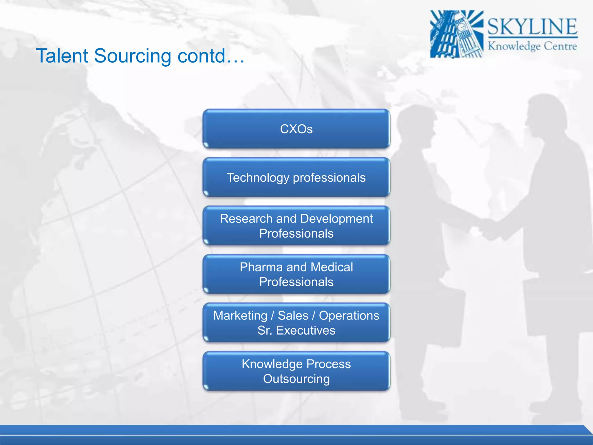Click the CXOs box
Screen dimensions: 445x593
tap(296, 129)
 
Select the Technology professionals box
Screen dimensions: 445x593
tap(296, 178)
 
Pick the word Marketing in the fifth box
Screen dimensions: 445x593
tap(240, 315)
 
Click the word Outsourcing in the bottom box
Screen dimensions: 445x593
tap(296, 379)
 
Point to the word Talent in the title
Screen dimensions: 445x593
tap(62, 56)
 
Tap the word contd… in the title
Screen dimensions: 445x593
tap(211, 56)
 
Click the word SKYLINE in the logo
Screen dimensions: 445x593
tap(532, 27)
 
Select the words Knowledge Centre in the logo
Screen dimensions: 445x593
tap(532, 46)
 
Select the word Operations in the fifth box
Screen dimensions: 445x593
tap(349, 315)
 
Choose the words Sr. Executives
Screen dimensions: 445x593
tap(296, 331)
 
